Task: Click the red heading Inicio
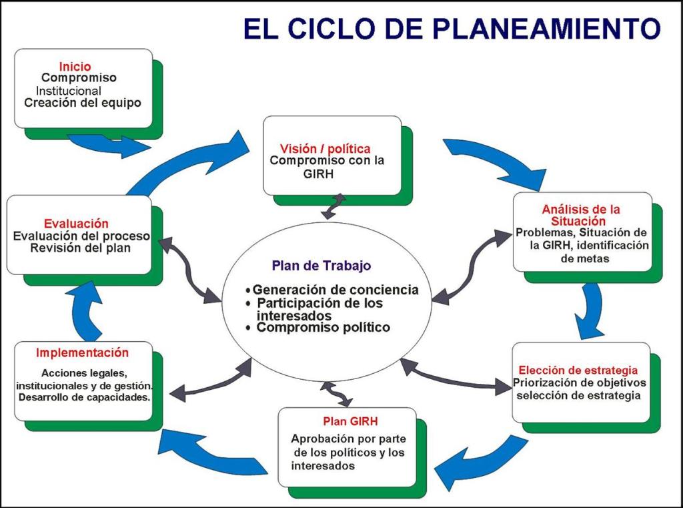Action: point(75,67)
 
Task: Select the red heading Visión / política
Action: point(325,148)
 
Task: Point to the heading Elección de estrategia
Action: point(578,370)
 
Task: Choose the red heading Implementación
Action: point(83,352)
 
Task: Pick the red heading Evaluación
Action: point(76,224)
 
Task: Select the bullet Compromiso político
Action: point(323,328)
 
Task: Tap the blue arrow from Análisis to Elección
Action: point(589,310)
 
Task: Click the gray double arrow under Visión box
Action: point(333,206)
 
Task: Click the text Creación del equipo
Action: point(83,103)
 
